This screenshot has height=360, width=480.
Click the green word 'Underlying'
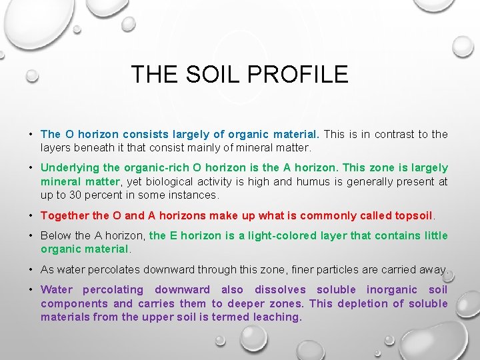tap(69, 168)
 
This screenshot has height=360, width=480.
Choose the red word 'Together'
tap(65, 215)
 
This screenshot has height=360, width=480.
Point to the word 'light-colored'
tap(281, 235)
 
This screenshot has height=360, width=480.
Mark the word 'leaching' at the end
tap(277, 317)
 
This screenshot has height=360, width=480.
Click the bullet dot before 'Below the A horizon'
tap(32, 236)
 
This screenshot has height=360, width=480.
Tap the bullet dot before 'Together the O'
tap(32, 215)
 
